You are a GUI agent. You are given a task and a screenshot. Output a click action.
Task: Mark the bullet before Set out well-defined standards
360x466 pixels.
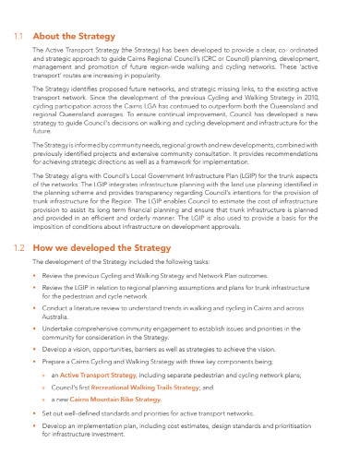coord(35,414)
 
